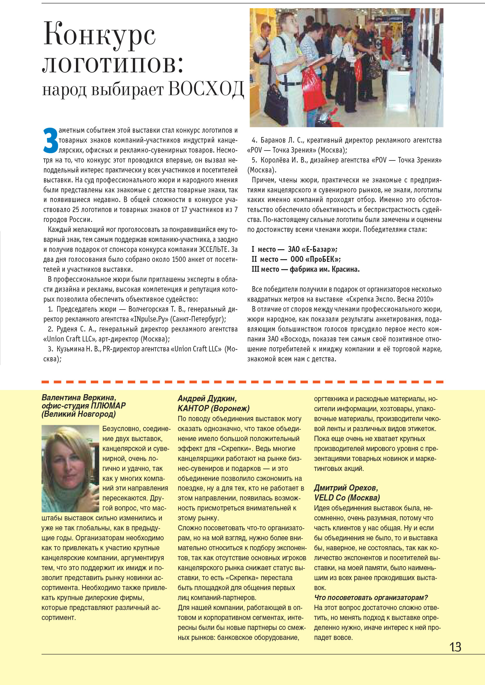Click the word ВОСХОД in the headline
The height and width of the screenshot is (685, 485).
(206, 89)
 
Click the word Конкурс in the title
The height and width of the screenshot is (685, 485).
(99, 35)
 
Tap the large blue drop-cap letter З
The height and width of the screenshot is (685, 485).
(50, 140)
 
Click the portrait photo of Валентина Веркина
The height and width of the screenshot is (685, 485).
(70, 468)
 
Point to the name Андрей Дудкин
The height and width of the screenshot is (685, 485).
(207, 399)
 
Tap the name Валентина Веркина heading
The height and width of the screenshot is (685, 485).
(79, 397)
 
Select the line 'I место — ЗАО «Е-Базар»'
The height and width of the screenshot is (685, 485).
(294, 249)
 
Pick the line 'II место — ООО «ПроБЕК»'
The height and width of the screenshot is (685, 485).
(296, 259)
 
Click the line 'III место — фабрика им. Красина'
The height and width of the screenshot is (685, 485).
(305, 269)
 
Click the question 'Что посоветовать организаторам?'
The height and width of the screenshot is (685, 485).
(371, 598)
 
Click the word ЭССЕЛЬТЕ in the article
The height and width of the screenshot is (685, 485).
(214, 249)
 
